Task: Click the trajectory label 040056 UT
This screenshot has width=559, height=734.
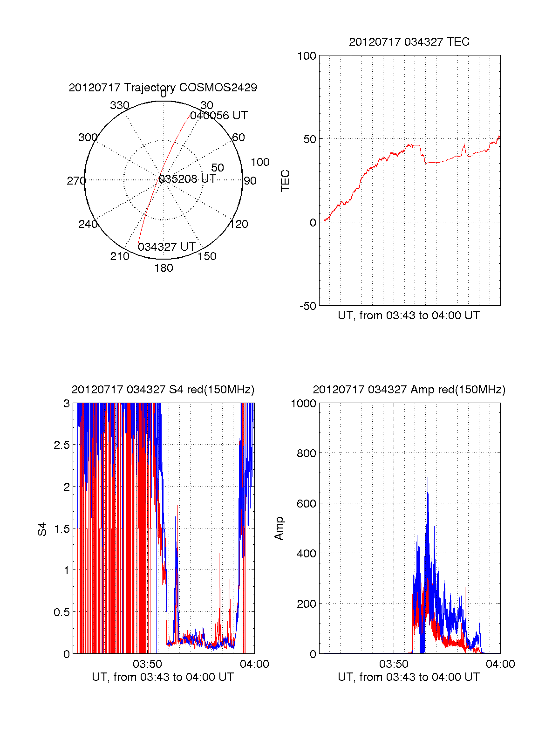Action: point(219,116)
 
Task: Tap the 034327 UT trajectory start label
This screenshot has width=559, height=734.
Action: point(166,247)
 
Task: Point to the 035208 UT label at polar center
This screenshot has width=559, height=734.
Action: point(187,179)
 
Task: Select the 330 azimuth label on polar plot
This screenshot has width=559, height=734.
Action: point(120,105)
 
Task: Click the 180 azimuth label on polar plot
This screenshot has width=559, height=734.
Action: point(164,268)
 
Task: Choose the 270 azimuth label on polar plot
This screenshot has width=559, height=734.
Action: point(76,181)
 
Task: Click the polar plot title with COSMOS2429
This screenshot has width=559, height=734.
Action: point(163,88)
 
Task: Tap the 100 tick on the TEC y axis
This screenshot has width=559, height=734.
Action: point(307,56)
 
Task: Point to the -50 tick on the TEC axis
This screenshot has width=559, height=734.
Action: point(307,306)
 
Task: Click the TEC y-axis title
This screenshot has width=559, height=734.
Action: point(285,181)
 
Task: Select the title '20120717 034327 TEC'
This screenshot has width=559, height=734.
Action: point(409,42)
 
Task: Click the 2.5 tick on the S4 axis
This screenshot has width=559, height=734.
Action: point(61,445)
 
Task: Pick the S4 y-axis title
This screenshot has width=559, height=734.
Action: point(42,529)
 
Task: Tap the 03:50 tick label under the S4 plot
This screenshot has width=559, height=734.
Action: point(147,664)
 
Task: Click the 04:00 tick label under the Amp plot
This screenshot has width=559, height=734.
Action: point(500,664)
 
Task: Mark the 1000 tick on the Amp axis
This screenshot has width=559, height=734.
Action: point(304,404)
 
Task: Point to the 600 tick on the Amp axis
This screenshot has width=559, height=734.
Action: point(307,504)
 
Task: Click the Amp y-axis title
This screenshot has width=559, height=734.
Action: point(279,528)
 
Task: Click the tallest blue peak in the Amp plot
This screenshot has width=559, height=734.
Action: point(428,478)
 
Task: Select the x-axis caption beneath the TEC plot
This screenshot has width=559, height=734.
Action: point(409,316)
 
